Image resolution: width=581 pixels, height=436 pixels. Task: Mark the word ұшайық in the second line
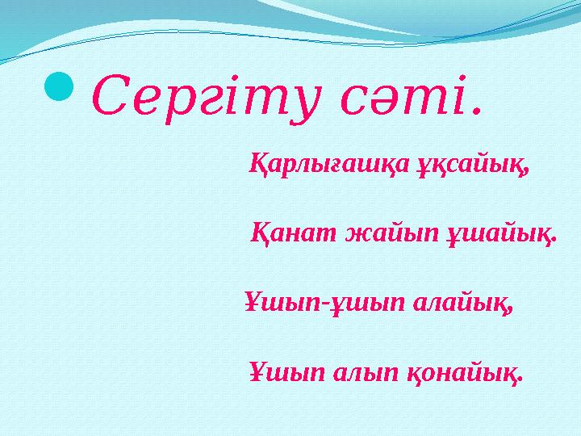(499, 233)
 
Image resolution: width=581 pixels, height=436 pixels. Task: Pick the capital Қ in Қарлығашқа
(258, 165)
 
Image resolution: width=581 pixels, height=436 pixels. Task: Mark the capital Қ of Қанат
(261, 233)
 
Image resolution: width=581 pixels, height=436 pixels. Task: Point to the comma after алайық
(511, 310)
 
